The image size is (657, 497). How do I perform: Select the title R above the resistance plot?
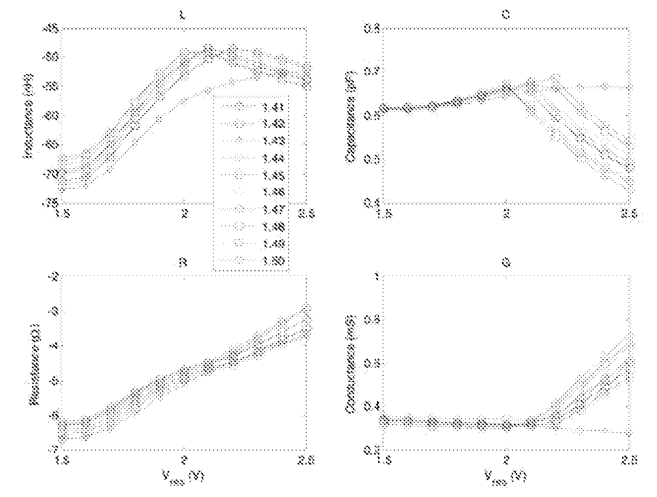pyautogui.click(x=182, y=263)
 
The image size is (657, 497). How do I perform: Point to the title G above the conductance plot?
pyautogui.click(x=507, y=263)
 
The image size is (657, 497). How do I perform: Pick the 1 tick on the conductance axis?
pyautogui.click(x=377, y=277)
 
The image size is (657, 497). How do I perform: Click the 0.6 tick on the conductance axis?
pyautogui.click(x=370, y=363)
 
